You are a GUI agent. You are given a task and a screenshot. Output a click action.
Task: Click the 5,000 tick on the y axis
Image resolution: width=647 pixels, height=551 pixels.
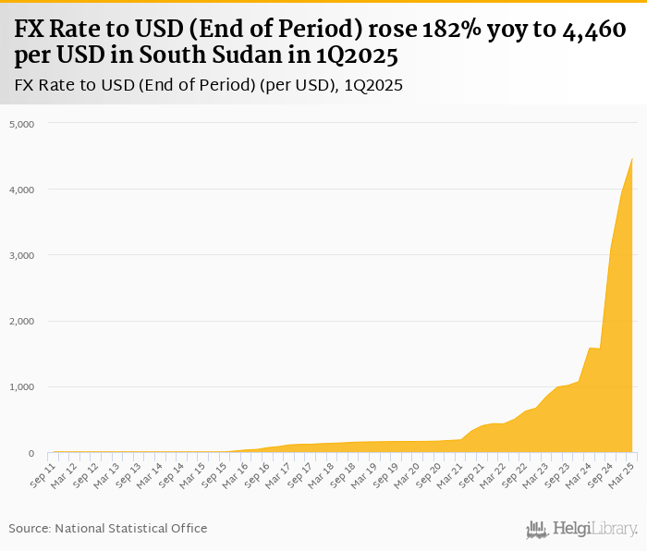click(x=21, y=124)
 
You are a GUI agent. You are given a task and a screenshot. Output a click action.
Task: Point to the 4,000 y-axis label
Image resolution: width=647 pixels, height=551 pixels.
click(x=21, y=190)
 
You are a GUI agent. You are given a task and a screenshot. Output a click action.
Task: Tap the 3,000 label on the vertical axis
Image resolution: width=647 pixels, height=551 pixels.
click(x=21, y=255)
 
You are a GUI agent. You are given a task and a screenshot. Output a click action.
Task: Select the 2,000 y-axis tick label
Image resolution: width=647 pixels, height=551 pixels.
click(x=21, y=322)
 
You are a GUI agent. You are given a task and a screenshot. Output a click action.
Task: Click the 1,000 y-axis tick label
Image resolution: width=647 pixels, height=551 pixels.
click(x=21, y=387)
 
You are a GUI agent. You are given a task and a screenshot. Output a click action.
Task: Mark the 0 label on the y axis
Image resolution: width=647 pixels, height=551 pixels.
click(x=31, y=454)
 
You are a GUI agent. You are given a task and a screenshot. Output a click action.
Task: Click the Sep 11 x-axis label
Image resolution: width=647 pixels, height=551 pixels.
click(x=40, y=474)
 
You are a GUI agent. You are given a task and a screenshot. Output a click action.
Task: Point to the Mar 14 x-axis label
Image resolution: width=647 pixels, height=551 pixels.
click(x=147, y=474)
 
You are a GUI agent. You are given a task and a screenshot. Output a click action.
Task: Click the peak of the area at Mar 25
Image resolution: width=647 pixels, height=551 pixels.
click(x=632, y=159)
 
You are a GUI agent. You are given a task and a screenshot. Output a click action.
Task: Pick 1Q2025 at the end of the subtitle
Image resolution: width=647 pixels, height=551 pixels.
click(x=373, y=86)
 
